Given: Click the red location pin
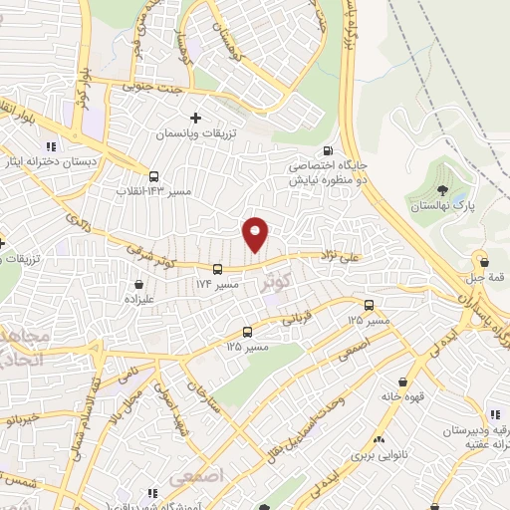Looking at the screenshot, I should pos(257,234).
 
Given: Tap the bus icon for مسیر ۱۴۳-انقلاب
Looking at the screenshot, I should pos(154,175).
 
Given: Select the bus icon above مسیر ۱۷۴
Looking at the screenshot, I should pos(217,268).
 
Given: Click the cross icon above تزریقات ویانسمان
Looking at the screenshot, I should pos(196,118).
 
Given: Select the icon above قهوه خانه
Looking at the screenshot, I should pos(402,382).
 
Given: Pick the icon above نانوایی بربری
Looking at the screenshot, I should pos(379,439).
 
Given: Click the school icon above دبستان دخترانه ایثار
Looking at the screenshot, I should pos(51,147).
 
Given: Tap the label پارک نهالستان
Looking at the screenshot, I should pos(437,207).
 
